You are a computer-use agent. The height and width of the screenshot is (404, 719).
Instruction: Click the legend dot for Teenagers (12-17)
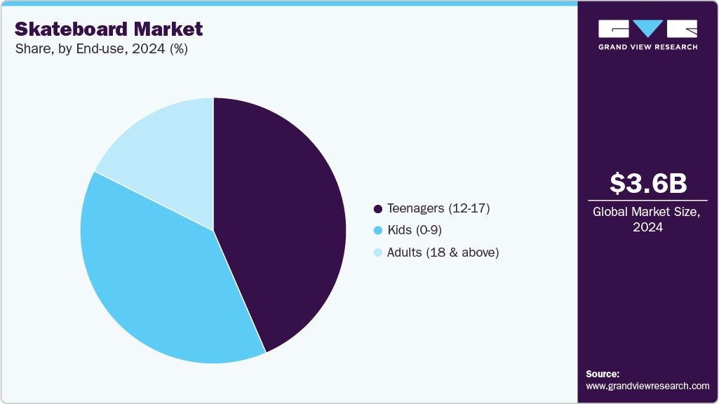pos(378,209)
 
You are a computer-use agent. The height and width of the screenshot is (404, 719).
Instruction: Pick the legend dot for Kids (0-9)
pos(378,231)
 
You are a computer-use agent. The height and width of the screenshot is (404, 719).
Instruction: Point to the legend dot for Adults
pos(378,252)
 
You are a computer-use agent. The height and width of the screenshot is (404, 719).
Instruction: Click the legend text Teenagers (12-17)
pos(438,209)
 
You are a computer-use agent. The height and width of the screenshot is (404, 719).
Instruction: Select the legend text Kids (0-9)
pos(415,231)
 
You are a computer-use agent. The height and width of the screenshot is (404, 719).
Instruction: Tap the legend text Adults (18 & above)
pos(443,252)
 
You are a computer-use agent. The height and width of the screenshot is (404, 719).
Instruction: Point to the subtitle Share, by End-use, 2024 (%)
pos(101,49)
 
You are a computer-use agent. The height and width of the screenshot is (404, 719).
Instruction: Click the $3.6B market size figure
pos(648,183)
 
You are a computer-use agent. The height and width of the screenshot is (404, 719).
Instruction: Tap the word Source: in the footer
pos(603,374)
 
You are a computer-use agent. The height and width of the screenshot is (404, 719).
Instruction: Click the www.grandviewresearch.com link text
pos(647,386)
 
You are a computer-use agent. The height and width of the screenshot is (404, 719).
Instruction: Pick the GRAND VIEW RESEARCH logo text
pos(648,47)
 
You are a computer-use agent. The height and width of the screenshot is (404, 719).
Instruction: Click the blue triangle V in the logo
pos(648,28)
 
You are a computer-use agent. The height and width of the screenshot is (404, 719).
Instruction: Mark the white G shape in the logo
pos(614,28)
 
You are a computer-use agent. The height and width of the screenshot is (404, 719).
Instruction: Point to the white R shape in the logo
pos(683,28)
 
